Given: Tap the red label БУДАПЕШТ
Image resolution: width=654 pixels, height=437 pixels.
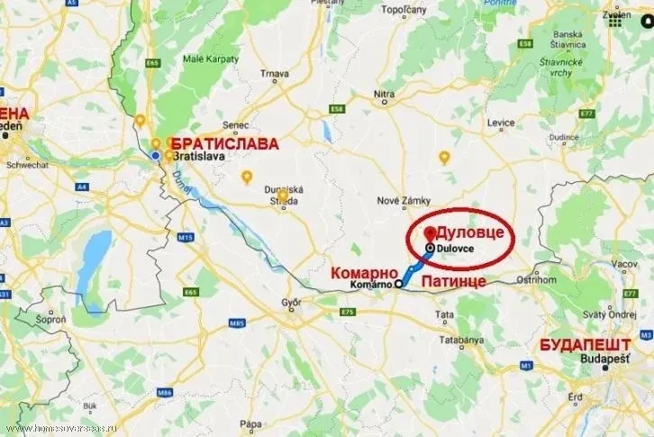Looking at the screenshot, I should pos(583,344).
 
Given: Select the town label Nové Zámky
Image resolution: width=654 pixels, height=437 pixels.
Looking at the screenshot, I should pos(396,200).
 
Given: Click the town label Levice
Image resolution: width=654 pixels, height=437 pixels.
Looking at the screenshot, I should pos(501,122).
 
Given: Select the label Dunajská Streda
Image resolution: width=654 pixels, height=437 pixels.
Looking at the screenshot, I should pos(283,196).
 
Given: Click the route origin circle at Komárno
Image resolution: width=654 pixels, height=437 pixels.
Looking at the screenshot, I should pos(398,284).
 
